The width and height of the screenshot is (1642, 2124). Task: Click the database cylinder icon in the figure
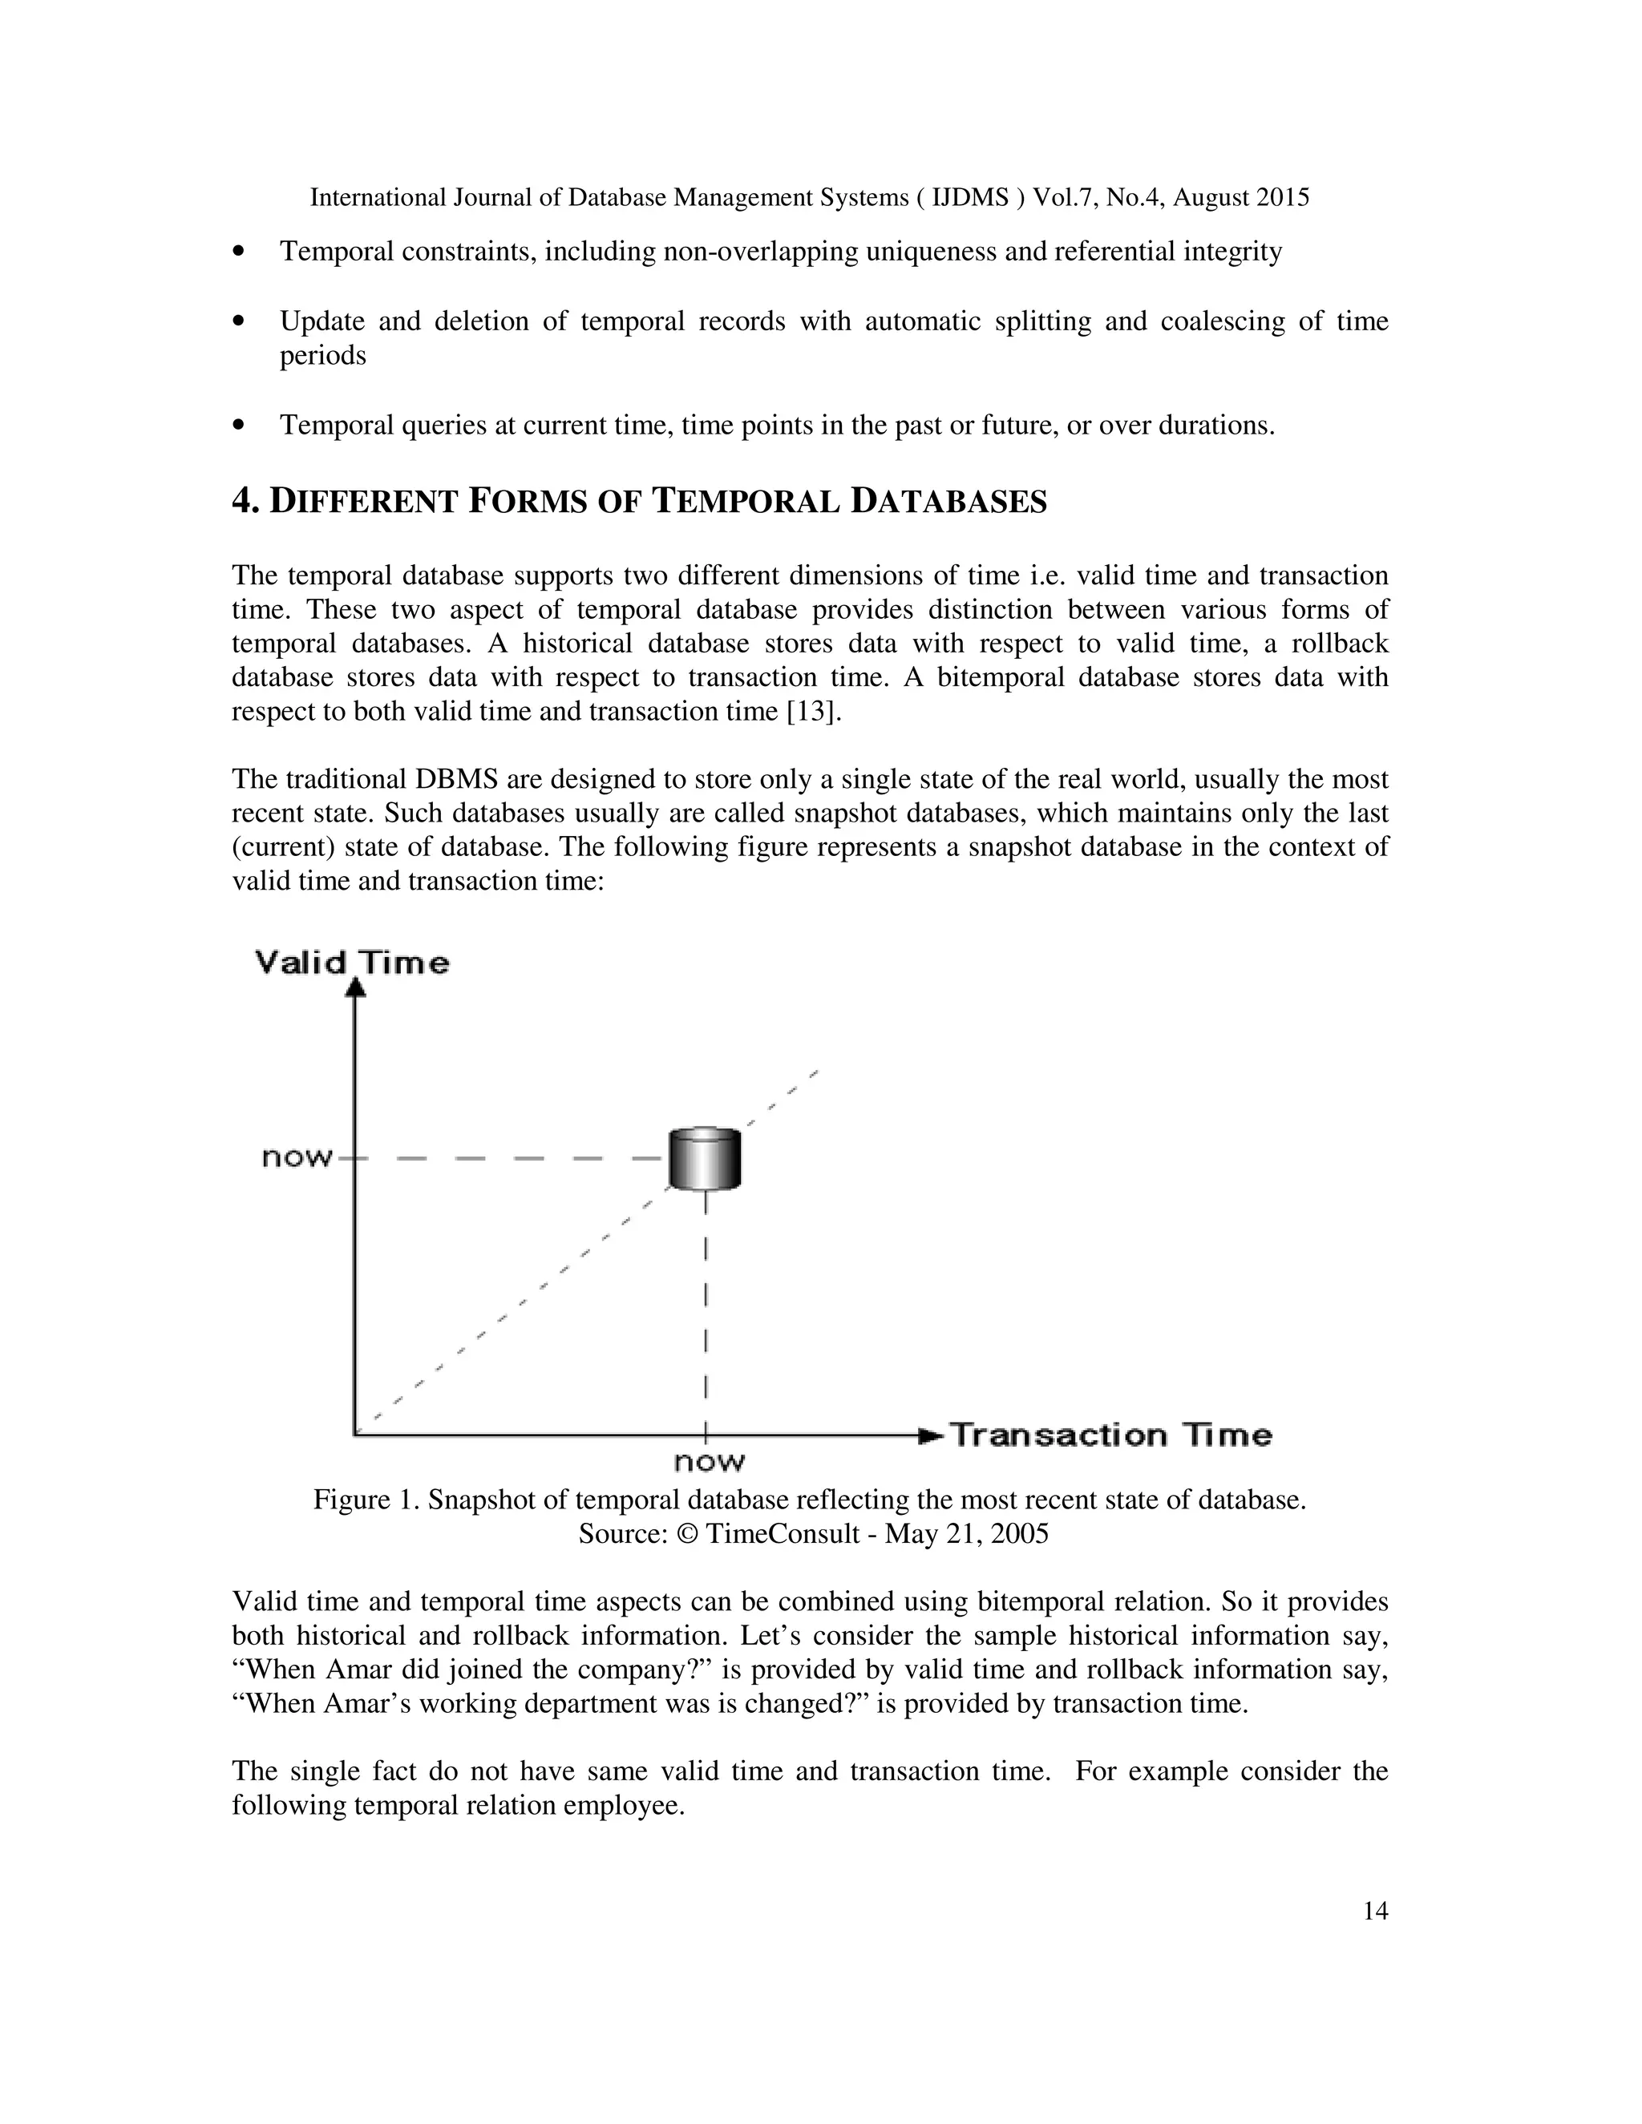coord(704,1158)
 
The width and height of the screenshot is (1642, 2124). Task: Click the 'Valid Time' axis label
coord(352,963)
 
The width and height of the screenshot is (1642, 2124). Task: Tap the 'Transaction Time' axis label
coord(1110,1435)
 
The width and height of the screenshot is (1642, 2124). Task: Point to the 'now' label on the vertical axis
coord(297,1157)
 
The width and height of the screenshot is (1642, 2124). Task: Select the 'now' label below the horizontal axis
coord(709,1462)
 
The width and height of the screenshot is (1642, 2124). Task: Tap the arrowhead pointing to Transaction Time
coord(931,1435)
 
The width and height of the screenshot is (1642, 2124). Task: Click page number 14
coord(1374,1910)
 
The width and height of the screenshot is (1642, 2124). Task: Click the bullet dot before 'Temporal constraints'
coord(239,252)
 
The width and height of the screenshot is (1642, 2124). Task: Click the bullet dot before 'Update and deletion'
coord(239,321)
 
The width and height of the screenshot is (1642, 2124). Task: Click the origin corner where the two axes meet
coord(356,1434)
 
